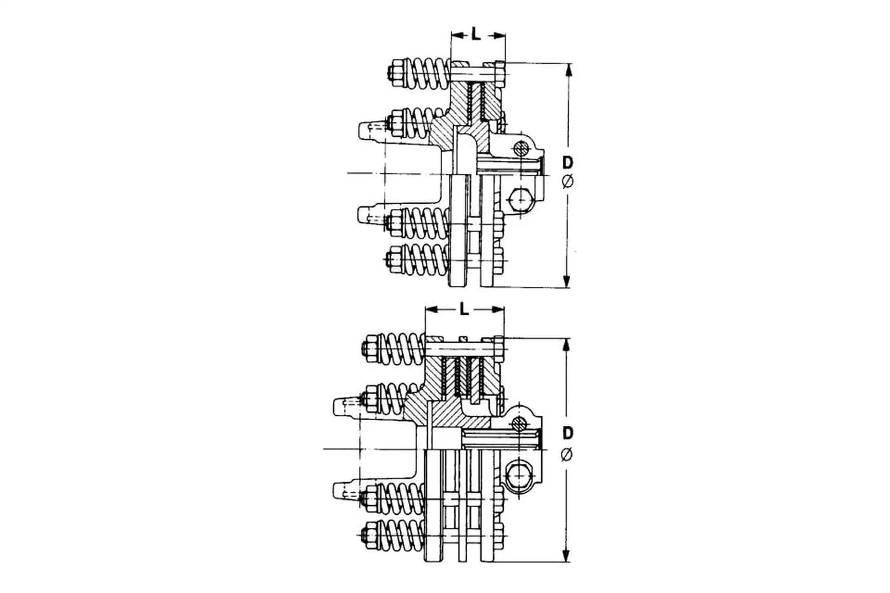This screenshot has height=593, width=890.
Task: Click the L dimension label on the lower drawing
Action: pyautogui.click(x=464, y=309)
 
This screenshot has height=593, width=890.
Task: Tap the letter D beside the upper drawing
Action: pyautogui.click(x=568, y=163)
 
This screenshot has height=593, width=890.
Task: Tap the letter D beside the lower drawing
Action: pyautogui.click(x=568, y=433)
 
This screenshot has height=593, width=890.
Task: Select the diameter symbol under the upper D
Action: pyautogui.click(x=568, y=182)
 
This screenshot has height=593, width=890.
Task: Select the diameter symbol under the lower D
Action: pyautogui.click(x=567, y=454)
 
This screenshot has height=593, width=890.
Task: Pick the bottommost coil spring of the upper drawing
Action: pyautogui.click(x=425, y=259)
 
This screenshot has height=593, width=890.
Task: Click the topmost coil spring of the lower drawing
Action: pyautogui.click(x=402, y=348)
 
